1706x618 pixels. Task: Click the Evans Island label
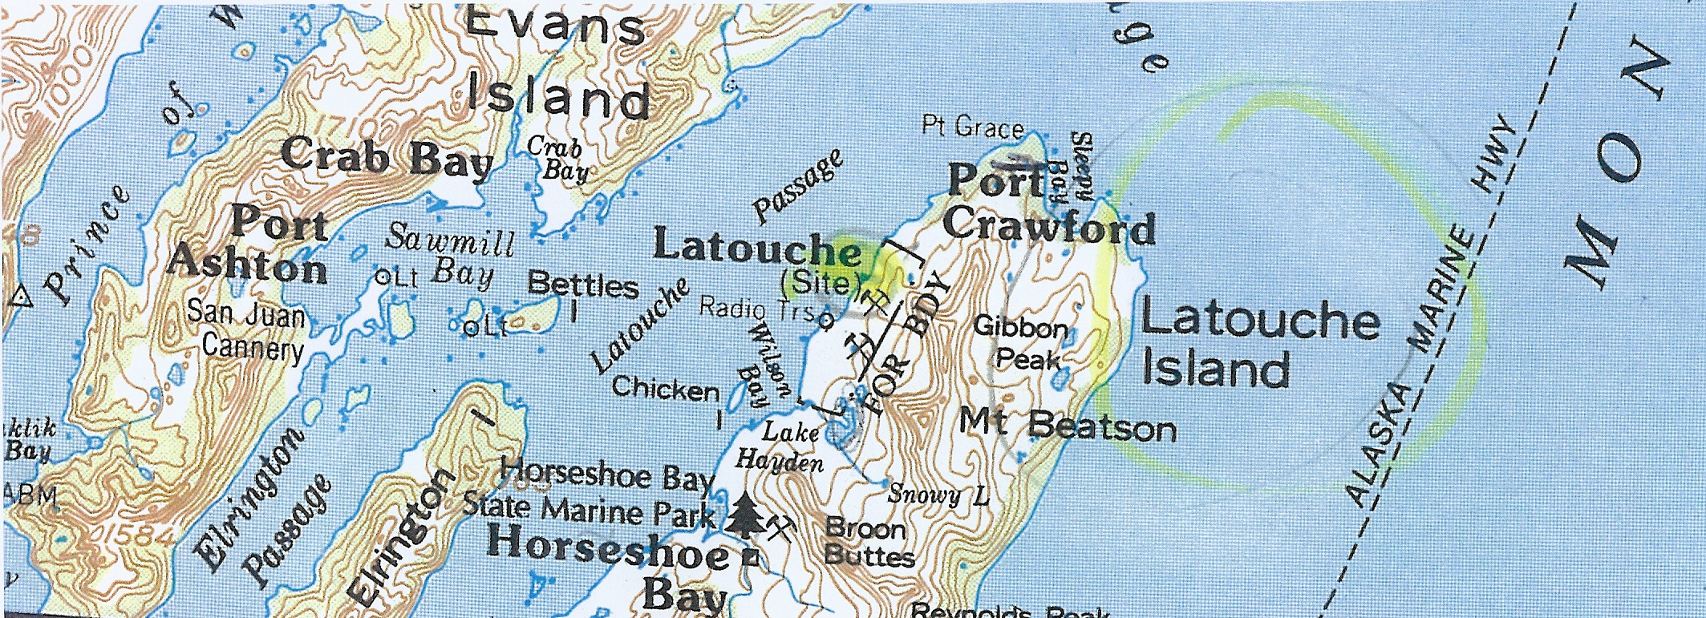tap(557, 64)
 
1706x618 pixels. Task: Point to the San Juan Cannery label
tap(247, 330)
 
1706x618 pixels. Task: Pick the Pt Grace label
tap(973, 127)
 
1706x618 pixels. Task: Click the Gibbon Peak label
tap(1021, 342)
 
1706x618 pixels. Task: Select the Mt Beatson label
tap(1068, 425)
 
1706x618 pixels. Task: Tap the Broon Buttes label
tap(868, 542)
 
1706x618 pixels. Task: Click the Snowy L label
tap(937, 495)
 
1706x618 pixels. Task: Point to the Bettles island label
tap(583, 285)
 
